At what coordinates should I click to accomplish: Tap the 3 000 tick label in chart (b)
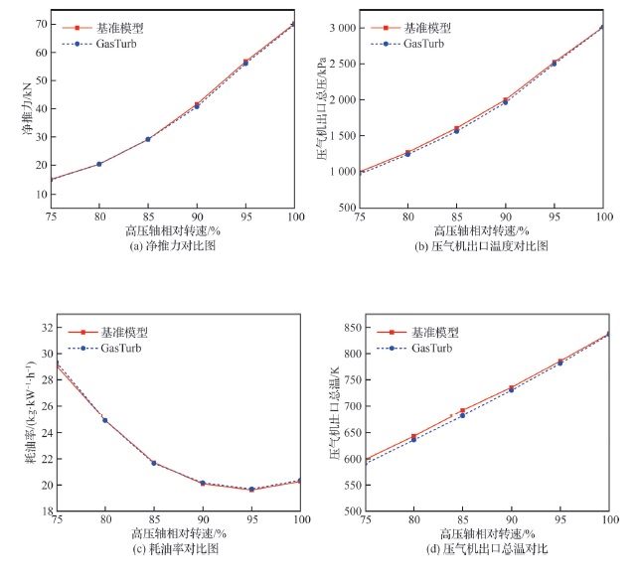pos(344,29)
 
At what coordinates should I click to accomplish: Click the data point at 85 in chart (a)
pos(148,139)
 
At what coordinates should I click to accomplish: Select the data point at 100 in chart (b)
pos(602,27)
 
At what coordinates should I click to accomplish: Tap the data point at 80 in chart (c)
pos(105,420)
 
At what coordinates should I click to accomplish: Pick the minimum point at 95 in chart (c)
pos(251,490)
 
